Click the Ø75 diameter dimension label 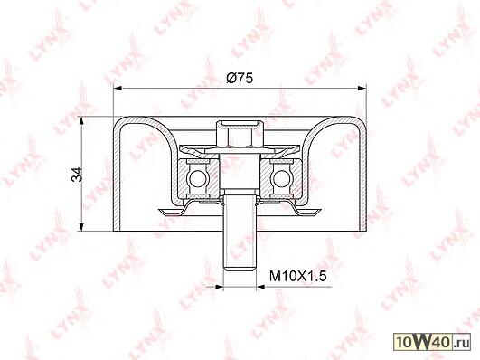coord(240,79)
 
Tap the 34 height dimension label coord(77,175)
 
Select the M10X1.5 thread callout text coord(298,277)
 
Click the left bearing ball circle coord(197,177)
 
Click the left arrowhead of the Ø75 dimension coord(118,89)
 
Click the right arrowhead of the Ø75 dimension coord(362,89)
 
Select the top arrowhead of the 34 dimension coord(81,121)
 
